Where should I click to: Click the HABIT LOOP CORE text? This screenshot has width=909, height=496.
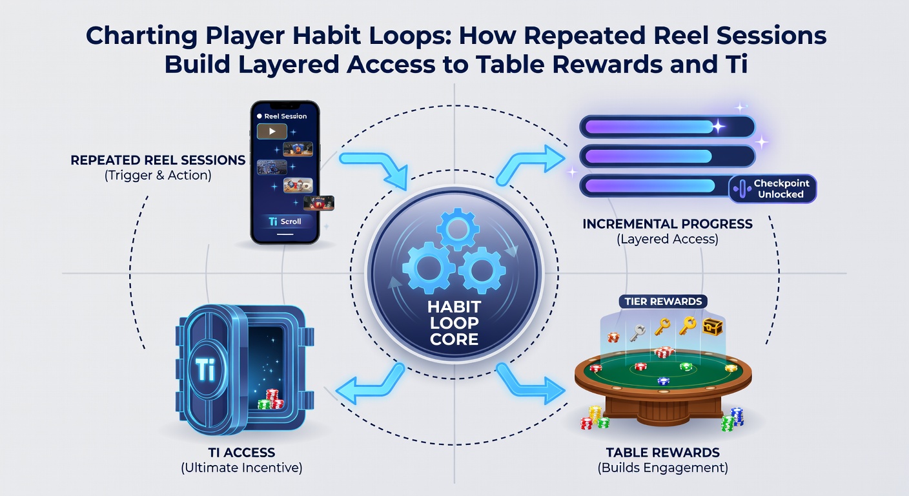[454, 323]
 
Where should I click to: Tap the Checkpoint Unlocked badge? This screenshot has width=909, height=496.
[773, 189]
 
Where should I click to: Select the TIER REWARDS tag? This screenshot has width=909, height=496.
[663, 302]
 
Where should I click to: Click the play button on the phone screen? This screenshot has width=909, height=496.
[272, 132]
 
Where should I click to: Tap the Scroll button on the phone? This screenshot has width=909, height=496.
[285, 222]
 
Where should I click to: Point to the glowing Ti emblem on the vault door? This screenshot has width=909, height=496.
[206, 369]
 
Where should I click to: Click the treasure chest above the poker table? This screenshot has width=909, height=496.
[713, 326]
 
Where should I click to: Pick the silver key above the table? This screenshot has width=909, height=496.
[637, 333]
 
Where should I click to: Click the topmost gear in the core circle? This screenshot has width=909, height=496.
[458, 229]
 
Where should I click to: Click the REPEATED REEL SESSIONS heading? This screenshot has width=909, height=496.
[158, 160]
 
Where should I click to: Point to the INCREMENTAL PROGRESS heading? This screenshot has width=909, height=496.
[668, 224]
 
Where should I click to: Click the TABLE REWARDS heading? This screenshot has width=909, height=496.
[662, 453]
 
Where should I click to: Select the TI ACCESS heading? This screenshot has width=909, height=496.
[241, 453]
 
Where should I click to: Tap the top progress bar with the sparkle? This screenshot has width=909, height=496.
[667, 127]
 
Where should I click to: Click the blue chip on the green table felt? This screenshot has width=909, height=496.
[663, 381]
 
